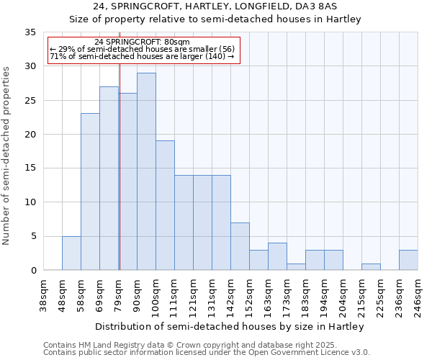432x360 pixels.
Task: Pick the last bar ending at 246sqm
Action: pos(408,260)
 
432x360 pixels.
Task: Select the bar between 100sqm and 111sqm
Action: pos(165,205)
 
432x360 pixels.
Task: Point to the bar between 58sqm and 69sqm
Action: pos(90,192)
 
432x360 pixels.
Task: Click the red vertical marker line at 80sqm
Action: pos(120,180)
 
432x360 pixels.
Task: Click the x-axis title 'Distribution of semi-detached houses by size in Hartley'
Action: pos(230,326)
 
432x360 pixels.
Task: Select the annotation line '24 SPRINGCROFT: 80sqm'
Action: pos(142,42)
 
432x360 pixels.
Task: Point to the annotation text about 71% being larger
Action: pos(142,56)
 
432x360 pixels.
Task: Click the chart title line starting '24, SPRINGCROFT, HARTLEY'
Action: pos(215,6)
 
